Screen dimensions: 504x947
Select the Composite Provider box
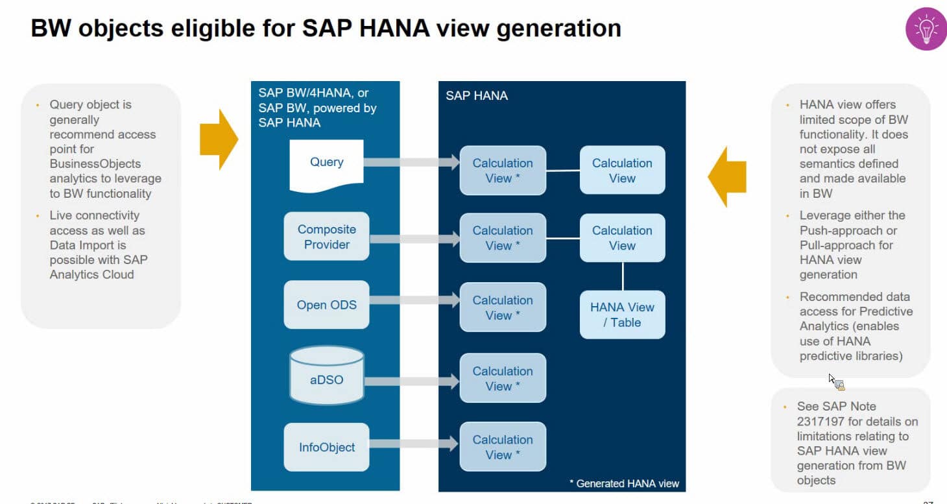(326, 237)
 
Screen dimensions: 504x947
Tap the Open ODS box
(326, 305)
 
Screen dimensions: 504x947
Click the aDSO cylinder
(326, 376)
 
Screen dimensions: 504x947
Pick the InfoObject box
(326, 447)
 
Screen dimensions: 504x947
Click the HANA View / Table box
(622, 315)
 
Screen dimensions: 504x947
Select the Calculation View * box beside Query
(503, 171)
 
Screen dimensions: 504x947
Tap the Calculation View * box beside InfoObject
(503, 447)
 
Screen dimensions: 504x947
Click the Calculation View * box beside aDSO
(503, 378)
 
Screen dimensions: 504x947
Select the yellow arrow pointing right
(219, 139)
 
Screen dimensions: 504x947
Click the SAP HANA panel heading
(477, 95)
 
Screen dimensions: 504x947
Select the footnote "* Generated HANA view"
(623, 483)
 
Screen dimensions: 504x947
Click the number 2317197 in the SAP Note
(821, 422)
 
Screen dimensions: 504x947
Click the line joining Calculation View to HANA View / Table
(623, 276)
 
